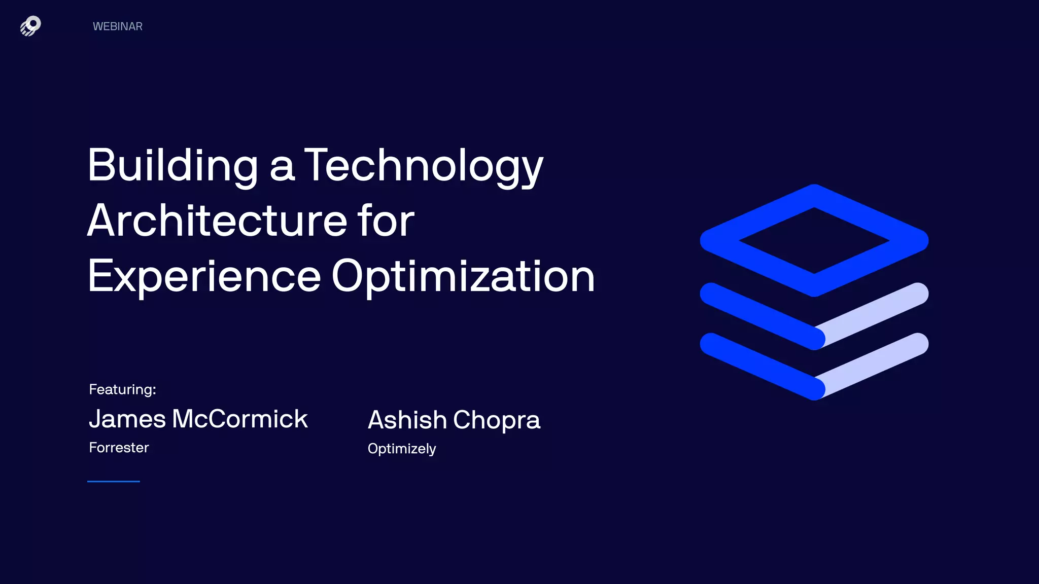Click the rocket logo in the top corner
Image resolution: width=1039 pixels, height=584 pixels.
point(30,26)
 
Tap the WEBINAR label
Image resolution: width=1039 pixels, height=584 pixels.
point(117,26)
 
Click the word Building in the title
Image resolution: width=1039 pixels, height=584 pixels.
point(173,166)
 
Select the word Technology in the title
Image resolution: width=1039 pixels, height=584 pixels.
point(424,166)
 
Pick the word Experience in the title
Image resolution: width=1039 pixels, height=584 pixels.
point(204,276)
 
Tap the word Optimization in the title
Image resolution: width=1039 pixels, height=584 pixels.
point(463,276)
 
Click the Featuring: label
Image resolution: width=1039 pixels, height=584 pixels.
point(122,389)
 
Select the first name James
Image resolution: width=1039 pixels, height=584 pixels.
point(127,419)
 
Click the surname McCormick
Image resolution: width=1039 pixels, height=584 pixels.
point(240,419)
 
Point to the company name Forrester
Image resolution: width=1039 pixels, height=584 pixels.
point(119,448)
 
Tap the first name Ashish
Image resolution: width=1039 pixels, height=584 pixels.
point(407,420)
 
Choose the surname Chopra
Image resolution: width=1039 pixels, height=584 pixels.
point(497,420)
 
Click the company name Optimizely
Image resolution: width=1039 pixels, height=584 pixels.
point(402,449)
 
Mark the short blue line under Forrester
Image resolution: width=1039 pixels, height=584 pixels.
point(114,481)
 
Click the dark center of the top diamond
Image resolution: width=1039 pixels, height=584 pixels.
point(814,240)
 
